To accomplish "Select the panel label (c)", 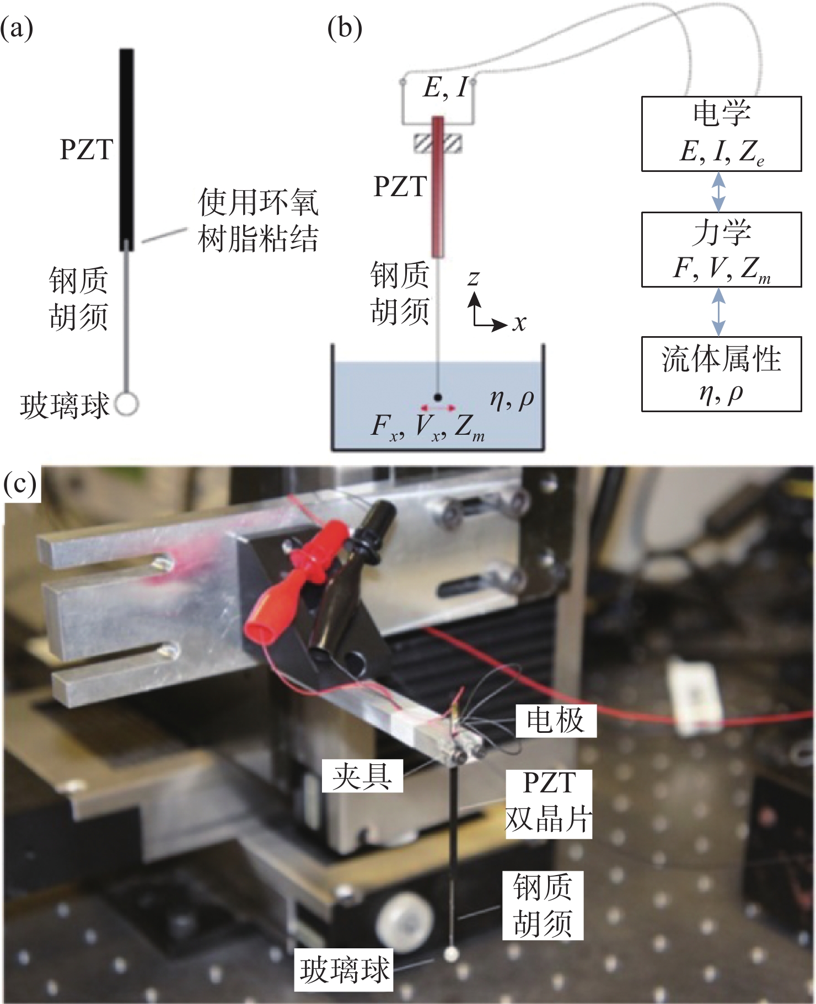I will (20, 484).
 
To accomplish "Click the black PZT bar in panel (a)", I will (127, 149).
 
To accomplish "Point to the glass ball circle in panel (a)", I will (127, 404).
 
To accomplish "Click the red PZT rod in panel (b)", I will (438, 187).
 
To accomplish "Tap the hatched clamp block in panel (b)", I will (438, 143).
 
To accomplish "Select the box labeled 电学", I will (721, 134).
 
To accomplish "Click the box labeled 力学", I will (721, 250).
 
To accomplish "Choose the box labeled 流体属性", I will (721, 374).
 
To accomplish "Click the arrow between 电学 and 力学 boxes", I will (718, 192).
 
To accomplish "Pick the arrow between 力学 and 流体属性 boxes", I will (718, 312).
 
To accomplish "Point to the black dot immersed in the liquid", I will (438, 397).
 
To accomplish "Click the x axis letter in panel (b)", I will (519, 323).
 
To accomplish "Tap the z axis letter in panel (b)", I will (473, 277).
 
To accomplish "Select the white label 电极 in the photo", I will (556, 721).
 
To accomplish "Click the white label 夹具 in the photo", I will (362, 776).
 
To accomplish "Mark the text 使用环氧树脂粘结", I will (258, 220).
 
